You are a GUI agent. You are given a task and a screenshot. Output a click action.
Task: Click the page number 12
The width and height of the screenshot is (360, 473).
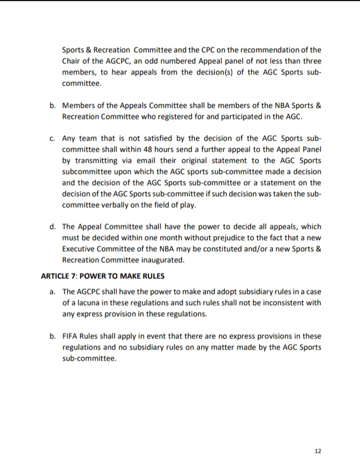click(318, 451)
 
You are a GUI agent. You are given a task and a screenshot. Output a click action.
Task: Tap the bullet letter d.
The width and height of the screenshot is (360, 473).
click(52, 226)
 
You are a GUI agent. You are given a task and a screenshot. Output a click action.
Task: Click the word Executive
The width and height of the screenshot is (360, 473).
click(79, 250)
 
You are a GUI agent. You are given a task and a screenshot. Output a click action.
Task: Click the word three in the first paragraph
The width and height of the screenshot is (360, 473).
click(311, 61)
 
